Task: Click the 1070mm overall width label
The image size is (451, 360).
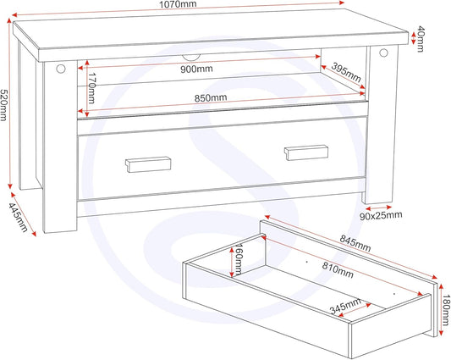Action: pos(178,4)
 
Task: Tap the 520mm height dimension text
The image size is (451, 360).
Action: pos(3,105)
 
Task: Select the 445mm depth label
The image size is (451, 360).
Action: pos(18,218)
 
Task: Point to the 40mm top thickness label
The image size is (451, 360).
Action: pos(421,39)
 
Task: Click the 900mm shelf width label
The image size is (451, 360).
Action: pos(197,69)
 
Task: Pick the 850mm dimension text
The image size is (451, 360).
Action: pos(211,98)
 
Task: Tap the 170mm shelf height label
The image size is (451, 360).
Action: pos(91,88)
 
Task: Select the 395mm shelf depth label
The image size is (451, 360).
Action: pos(346,72)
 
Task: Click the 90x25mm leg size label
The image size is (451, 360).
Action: pos(381,216)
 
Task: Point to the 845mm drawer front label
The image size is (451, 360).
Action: pos(355,243)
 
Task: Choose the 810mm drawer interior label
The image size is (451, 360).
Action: pos(338,270)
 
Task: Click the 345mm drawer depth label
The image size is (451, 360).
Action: pos(345,306)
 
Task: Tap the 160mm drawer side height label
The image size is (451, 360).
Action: pos(239,259)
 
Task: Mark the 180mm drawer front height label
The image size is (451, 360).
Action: pos(446,310)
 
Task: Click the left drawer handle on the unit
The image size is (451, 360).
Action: pos(148,164)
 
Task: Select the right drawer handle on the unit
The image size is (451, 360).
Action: pos(306,152)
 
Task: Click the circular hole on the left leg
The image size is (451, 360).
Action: pos(61,69)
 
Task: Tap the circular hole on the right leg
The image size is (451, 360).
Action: pos(383,53)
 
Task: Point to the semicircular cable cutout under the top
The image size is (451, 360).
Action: pos(191,58)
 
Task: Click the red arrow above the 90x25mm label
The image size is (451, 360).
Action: pos(378,208)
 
